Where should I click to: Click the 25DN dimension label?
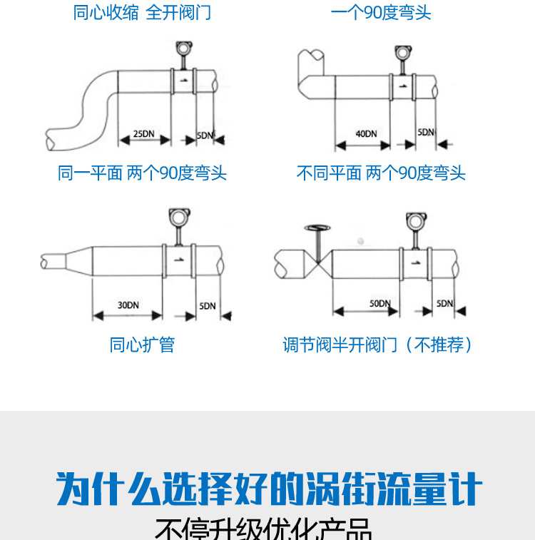click(x=143, y=133)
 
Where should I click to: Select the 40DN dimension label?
click(x=365, y=133)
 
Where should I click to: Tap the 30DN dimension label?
click(x=128, y=305)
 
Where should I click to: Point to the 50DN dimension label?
click(x=379, y=303)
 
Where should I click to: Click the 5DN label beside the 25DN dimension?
click(x=205, y=135)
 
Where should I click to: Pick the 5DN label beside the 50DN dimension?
click(x=444, y=303)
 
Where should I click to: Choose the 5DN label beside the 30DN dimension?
click(x=208, y=306)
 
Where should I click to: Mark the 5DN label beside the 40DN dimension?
click(x=426, y=133)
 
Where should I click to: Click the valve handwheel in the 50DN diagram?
click(x=317, y=229)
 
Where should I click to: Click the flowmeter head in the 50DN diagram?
click(x=414, y=220)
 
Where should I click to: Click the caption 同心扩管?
click(x=142, y=345)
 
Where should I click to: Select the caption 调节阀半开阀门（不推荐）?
click(x=378, y=345)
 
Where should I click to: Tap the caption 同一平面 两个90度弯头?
click(x=142, y=173)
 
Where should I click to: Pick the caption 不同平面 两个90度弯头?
click(x=381, y=173)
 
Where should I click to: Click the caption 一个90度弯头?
click(x=381, y=12)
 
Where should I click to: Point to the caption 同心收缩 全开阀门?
click(x=142, y=12)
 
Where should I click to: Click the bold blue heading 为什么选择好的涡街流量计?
click(x=270, y=490)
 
